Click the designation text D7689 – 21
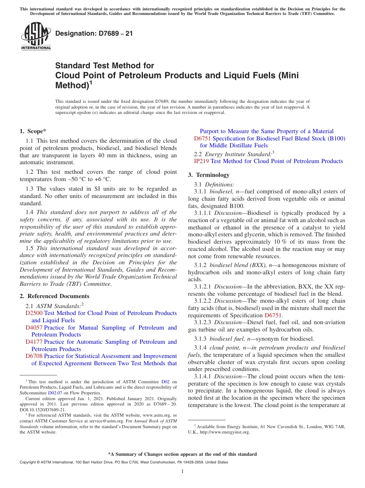[94, 33]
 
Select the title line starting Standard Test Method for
[105, 66]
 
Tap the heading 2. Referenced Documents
[55, 296]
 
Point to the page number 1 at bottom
[182, 472]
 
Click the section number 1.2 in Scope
[30, 172]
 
